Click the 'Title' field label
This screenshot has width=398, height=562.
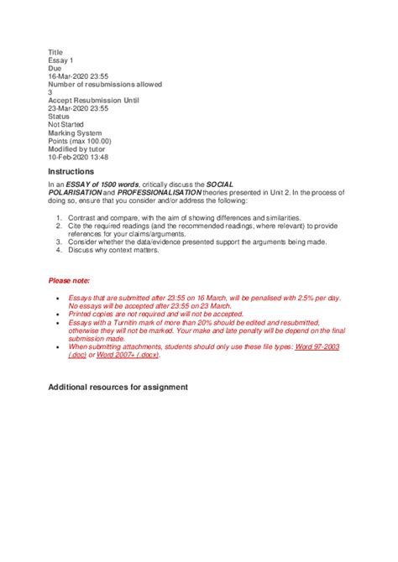coord(55,52)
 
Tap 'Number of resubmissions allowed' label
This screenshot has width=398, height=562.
coord(105,85)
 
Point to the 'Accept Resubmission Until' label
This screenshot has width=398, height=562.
coord(93,101)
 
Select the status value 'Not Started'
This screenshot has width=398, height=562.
coord(66,125)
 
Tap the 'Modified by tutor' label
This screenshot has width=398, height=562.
coord(78,149)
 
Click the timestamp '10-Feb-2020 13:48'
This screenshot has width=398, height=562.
coord(78,157)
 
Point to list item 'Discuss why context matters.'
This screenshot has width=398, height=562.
coord(124,249)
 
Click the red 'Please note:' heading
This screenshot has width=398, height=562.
coord(69,281)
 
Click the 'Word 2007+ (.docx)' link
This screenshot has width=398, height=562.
coord(125,354)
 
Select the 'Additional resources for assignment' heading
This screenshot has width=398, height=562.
coord(118,387)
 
